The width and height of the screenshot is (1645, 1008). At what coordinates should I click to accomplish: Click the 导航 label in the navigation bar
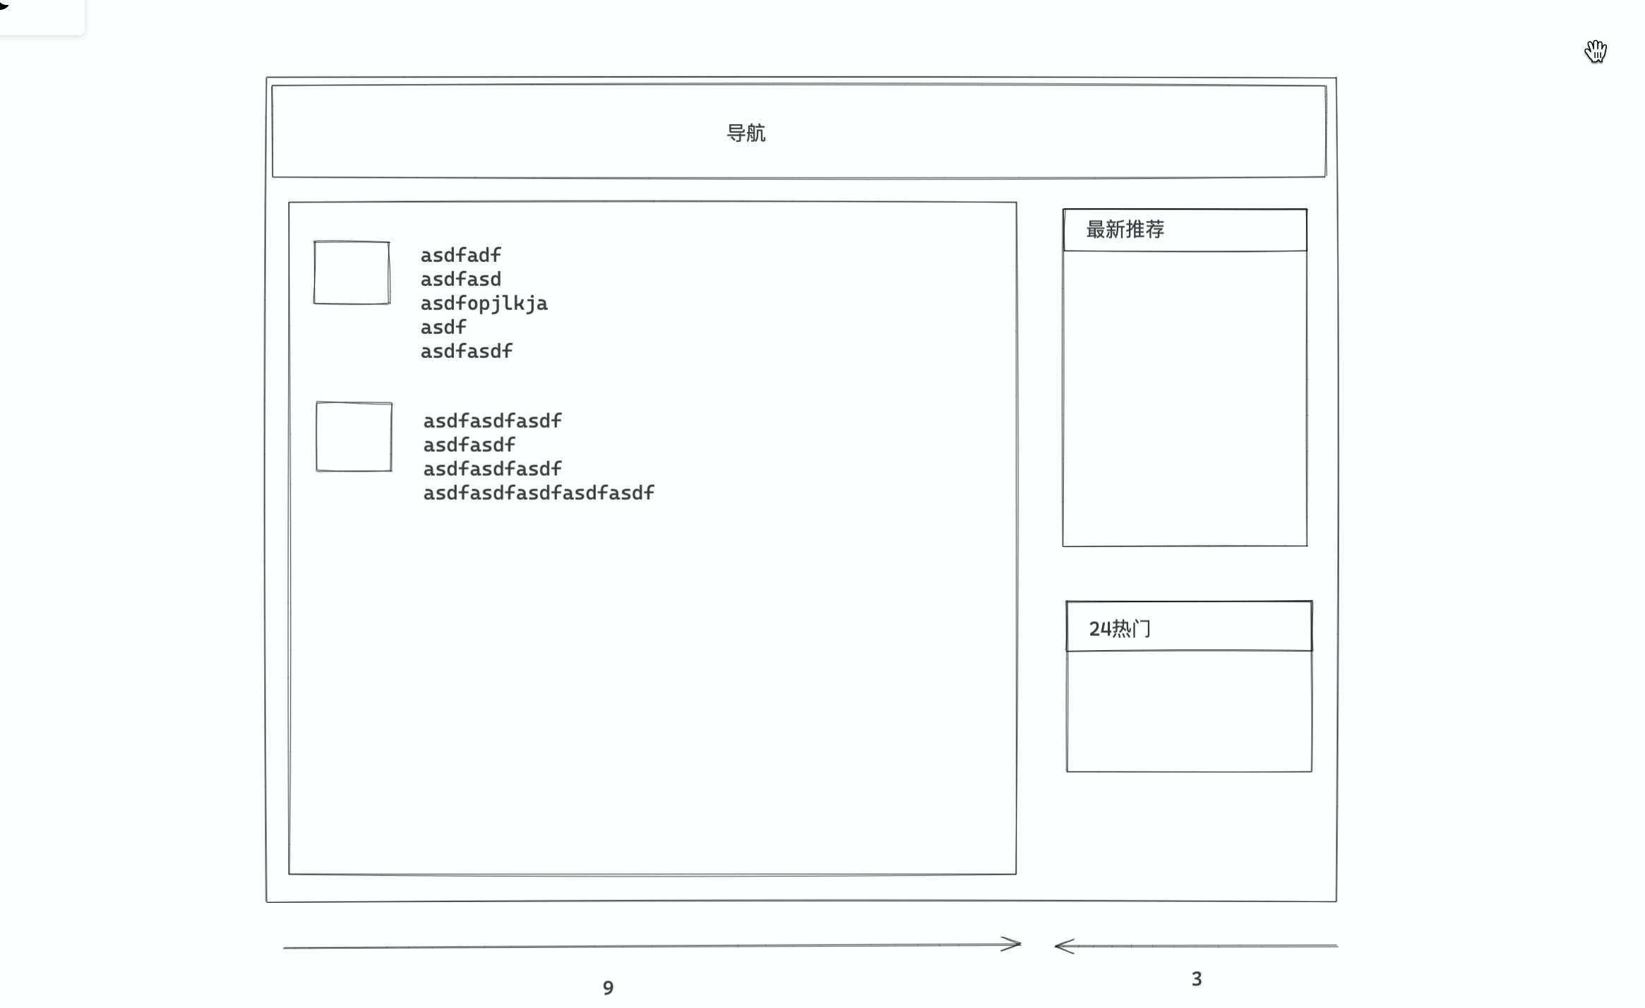(746, 133)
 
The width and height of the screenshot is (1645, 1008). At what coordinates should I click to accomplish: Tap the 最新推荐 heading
(1125, 229)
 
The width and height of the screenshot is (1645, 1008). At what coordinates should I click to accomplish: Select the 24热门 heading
(1120, 628)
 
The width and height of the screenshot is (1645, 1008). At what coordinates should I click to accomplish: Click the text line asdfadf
(460, 255)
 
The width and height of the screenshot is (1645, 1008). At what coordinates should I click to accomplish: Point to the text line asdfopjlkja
(484, 304)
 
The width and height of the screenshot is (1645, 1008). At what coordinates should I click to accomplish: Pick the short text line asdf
(443, 328)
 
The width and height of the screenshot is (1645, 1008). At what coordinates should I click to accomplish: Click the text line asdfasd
(460, 280)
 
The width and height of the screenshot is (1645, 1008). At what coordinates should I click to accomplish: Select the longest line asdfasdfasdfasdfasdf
(538, 493)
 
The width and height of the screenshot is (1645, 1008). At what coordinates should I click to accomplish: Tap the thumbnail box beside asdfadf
(352, 272)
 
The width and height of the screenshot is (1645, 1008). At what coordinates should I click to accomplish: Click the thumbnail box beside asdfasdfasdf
(354, 436)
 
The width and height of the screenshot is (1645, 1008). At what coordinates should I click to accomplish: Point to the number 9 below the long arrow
(608, 988)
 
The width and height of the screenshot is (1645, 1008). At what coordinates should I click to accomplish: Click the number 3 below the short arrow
(1196, 979)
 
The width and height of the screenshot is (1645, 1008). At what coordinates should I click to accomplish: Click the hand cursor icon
(1596, 52)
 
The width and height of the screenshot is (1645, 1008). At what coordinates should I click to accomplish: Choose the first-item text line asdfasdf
(466, 352)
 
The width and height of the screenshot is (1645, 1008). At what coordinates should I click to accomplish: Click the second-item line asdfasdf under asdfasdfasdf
(469, 445)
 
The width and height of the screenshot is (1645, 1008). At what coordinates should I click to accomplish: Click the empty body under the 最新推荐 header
(1185, 398)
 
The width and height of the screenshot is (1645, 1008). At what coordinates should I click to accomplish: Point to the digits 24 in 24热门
(1099, 628)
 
